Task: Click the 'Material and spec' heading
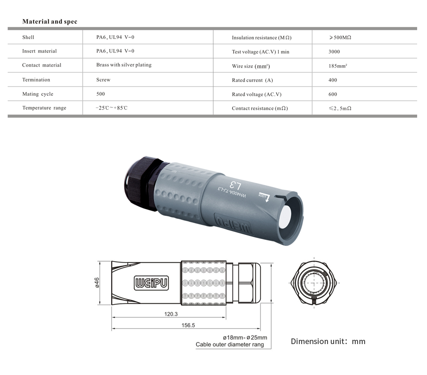click(50, 22)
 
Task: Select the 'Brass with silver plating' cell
click(124, 65)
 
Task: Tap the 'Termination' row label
click(36, 80)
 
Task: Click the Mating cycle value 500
click(100, 94)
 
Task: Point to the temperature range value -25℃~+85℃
click(112, 108)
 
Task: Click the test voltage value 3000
click(334, 52)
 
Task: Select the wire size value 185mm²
click(338, 66)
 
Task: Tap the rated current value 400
click(333, 80)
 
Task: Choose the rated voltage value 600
click(333, 94)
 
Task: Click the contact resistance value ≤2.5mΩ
click(340, 108)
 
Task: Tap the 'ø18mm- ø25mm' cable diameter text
click(245, 337)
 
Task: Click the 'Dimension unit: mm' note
click(328, 341)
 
